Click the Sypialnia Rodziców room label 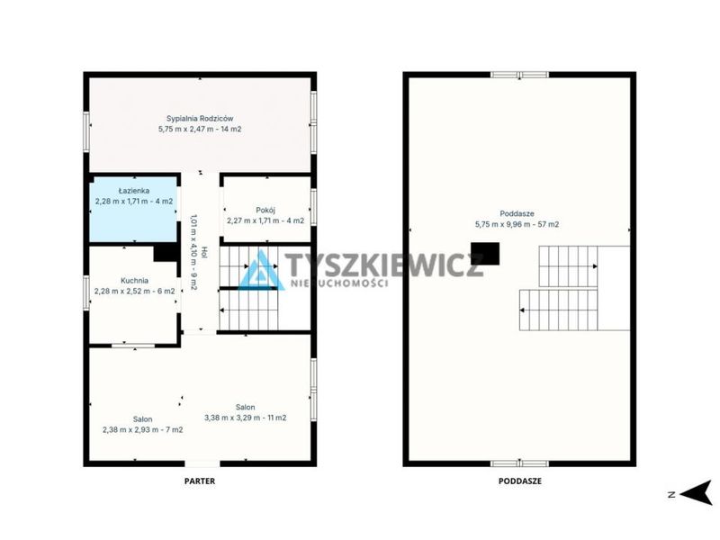pos(200,119)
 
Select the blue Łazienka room pos(133,210)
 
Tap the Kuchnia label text pos(134,280)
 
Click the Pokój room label pos(265,211)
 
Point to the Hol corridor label pos(204,253)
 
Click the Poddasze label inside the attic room pos(517,213)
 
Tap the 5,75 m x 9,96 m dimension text pos(501,224)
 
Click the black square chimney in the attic pos(485,254)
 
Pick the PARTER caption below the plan pos(200,481)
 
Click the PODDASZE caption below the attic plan pos(520,481)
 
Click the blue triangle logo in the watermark pos(261,271)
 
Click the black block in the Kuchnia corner pos(166,253)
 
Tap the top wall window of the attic pos(520,75)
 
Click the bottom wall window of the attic pos(520,463)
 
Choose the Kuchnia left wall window pos(86,292)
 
